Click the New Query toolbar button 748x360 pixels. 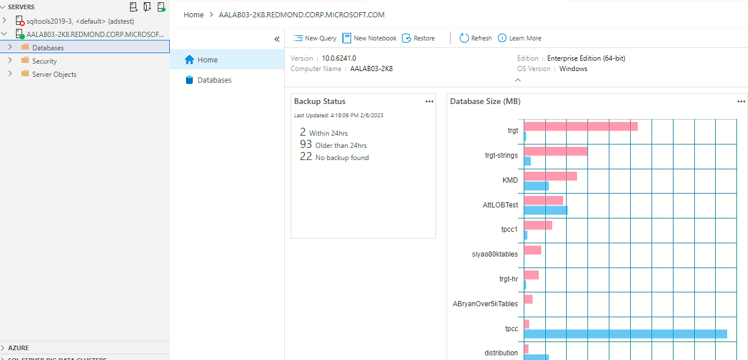(x=315, y=38)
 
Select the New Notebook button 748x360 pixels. (x=370, y=38)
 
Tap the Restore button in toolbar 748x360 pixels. (x=419, y=38)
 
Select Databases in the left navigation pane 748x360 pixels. (x=214, y=80)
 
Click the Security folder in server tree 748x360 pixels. (x=44, y=61)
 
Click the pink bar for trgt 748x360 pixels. (x=580, y=126)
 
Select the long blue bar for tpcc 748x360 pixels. (x=625, y=333)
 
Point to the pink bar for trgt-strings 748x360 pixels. (x=556, y=151)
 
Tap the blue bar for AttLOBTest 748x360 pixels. (x=546, y=210)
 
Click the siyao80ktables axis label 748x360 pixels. (x=495, y=253)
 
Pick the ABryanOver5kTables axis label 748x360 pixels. (x=485, y=303)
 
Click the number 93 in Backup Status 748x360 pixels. (x=306, y=144)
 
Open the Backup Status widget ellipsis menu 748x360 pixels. (x=429, y=101)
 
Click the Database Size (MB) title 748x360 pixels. (x=485, y=101)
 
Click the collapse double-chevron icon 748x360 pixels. (x=277, y=39)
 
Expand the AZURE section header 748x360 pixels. (x=18, y=348)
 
